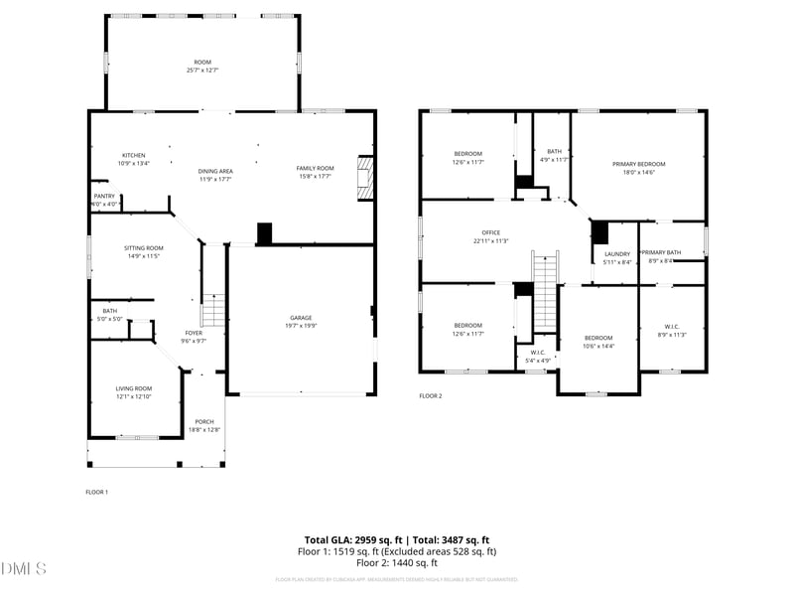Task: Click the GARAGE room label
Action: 302,318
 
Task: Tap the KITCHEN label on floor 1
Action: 134,155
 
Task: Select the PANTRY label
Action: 104,196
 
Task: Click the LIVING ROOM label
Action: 134,388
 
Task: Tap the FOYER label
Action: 194,333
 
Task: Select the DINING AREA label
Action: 214,171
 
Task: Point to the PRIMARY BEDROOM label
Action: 638,164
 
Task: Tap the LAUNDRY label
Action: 617,254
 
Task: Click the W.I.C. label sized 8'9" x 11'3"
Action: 672,326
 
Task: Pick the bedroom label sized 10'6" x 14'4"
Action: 598,338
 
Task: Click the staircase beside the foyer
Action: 214,309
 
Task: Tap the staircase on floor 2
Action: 546,291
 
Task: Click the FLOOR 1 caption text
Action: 96,492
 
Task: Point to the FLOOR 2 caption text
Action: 430,395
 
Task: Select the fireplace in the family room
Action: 365,177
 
